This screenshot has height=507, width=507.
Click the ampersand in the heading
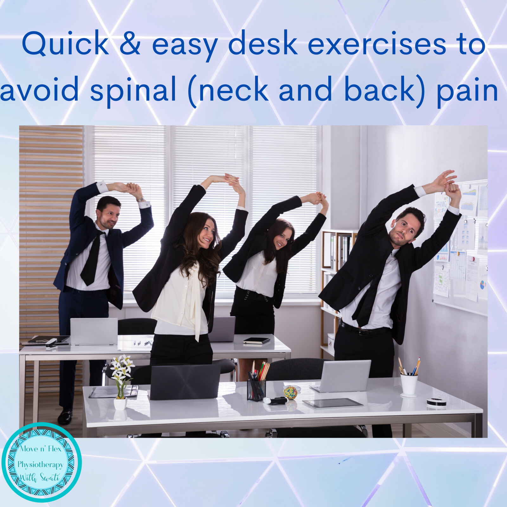click(130, 43)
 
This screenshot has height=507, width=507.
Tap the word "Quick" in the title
click(65, 44)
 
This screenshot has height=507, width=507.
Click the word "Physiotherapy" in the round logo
click(41, 465)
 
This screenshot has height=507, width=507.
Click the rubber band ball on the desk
click(290, 392)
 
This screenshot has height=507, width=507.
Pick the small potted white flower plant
click(120, 382)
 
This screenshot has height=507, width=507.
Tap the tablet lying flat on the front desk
click(332, 403)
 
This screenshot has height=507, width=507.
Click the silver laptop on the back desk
click(94, 331)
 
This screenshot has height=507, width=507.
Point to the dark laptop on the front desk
click(185, 382)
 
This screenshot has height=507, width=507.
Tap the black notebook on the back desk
click(257, 341)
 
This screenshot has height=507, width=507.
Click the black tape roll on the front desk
click(436, 402)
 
